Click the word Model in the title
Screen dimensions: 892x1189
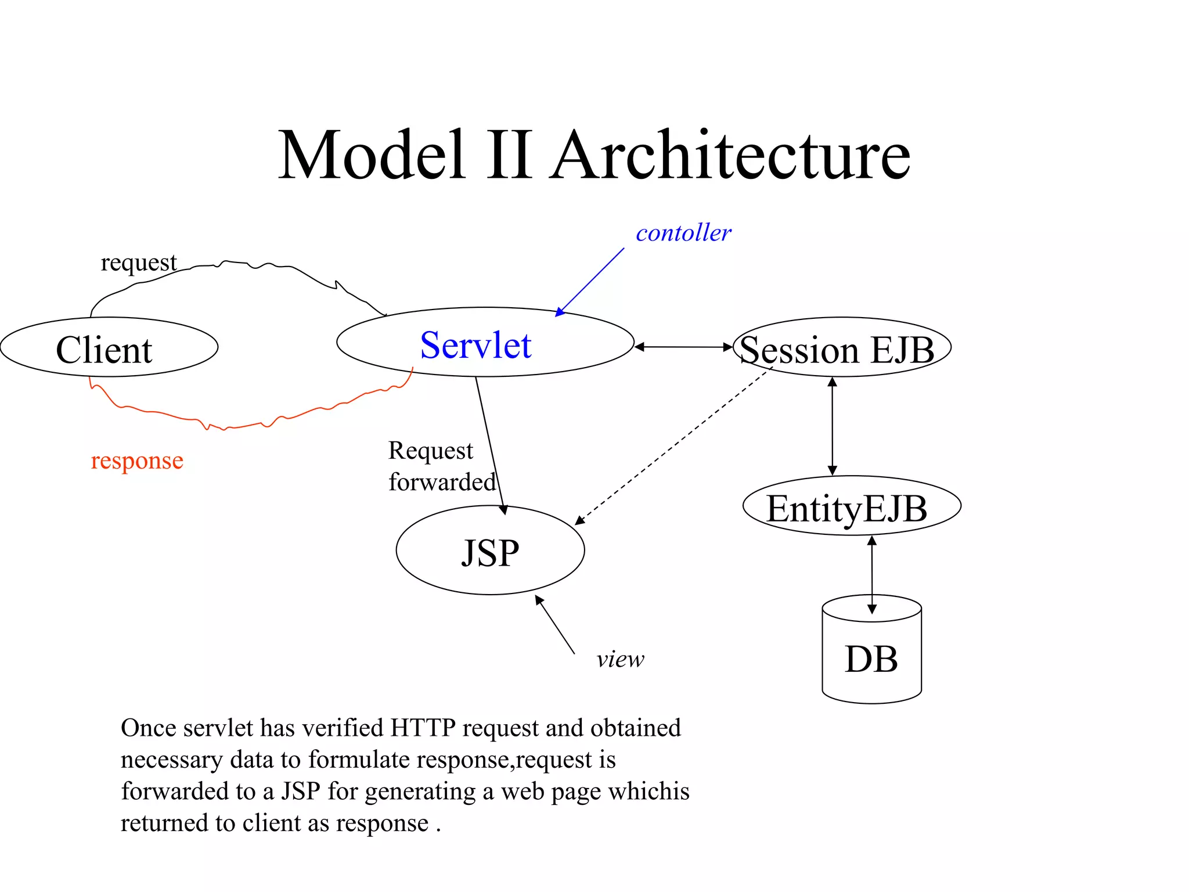(372, 156)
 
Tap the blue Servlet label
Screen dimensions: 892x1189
(475, 346)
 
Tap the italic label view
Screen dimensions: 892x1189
(620, 659)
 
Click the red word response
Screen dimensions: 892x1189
(137, 461)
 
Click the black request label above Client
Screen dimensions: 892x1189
(138, 263)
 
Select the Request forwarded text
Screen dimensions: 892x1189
(441, 466)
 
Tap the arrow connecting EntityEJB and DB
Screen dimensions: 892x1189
(871, 574)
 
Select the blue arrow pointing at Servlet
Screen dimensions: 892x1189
(589, 282)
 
